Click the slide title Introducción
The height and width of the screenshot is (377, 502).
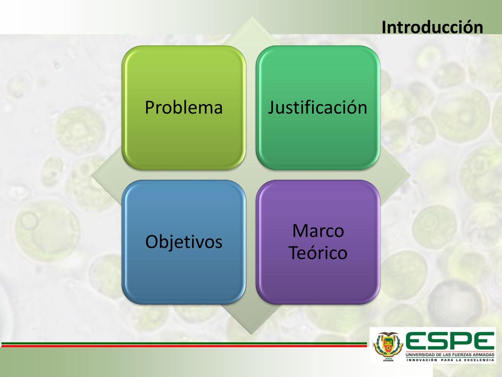point(432,27)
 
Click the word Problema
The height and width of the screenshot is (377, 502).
point(184,107)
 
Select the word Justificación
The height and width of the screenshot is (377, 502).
point(318,107)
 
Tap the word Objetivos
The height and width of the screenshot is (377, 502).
point(184,242)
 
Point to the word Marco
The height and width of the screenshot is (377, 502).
point(318,231)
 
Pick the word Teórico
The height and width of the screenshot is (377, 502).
point(318,253)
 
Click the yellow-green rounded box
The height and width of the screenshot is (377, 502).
point(184,108)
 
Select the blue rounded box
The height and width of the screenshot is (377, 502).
point(184,242)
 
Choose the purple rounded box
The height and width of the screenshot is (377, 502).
point(318,242)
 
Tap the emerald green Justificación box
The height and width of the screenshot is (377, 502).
point(318,108)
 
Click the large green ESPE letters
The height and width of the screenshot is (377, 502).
point(450,342)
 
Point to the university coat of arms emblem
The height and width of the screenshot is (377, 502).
point(388,345)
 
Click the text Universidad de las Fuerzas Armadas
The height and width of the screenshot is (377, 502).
point(450,354)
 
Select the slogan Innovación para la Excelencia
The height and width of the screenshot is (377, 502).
point(450,360)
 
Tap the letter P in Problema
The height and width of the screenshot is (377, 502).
point(149,107)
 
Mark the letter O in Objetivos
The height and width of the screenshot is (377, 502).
point(152,242)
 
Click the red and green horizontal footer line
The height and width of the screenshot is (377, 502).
point(184,345)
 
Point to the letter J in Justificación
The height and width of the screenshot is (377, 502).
point(271,108)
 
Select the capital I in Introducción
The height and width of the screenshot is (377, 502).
point(383,27)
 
